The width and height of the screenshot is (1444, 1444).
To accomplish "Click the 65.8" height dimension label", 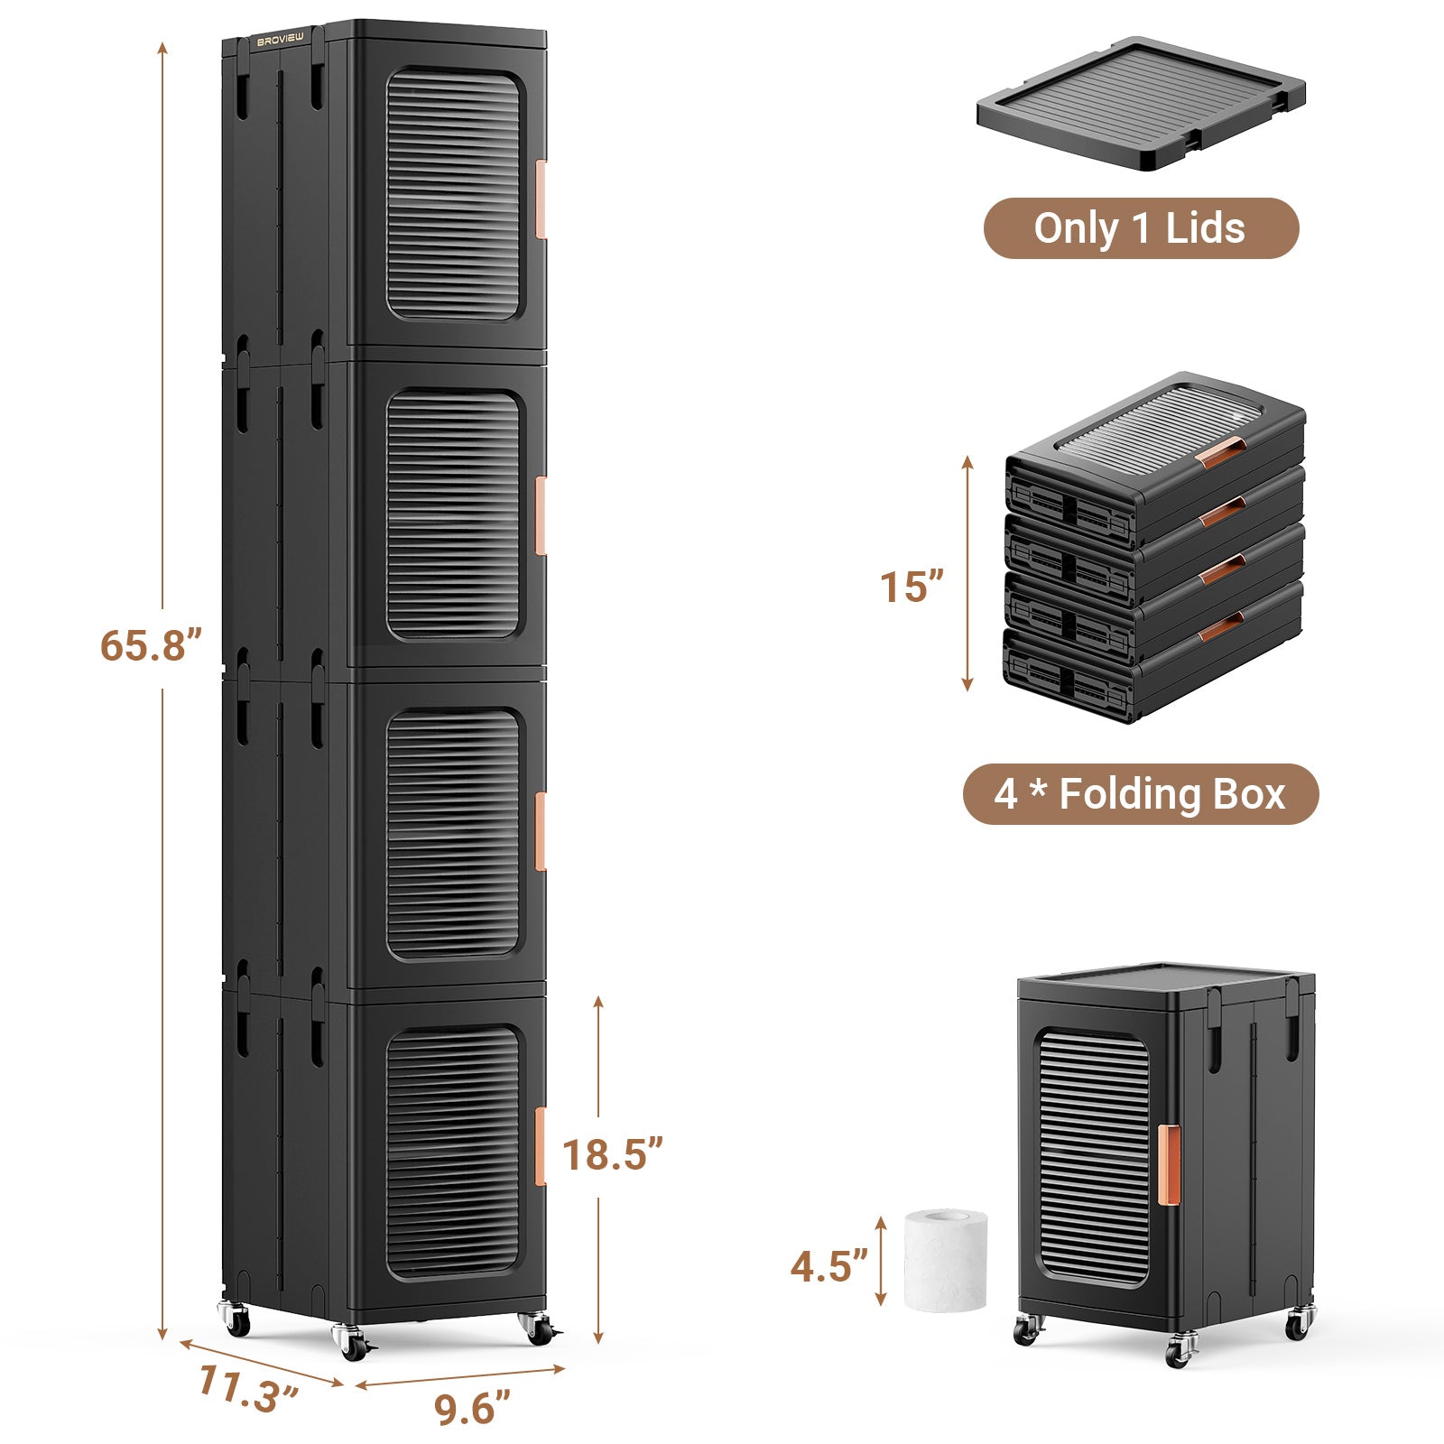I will coord(150,646).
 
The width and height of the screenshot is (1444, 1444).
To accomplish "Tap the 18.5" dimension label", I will coord(613,1154).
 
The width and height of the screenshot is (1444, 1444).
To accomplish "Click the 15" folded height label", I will coord(912,587).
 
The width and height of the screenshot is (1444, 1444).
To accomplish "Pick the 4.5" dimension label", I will coord(828,1266).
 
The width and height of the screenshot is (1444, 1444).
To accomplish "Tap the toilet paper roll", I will coord(946,1261).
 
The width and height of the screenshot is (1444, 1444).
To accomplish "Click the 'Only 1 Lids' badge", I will coord(1140,228).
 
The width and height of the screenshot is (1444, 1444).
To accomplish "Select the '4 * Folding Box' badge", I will coord(1140,794).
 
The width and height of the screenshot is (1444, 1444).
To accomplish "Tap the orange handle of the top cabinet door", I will coord(541,199).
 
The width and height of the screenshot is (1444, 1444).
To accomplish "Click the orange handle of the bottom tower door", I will coord(541,1145).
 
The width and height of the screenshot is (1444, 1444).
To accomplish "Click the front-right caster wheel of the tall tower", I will coord(538,1327).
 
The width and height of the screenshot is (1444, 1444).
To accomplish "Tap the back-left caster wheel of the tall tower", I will coord(236,1321).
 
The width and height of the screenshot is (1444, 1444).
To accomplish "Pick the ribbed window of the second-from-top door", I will coord(453,514).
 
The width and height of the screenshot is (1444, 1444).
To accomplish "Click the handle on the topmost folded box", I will coord(1220,453).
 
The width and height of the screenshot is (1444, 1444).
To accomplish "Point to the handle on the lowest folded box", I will coord(1220,627).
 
